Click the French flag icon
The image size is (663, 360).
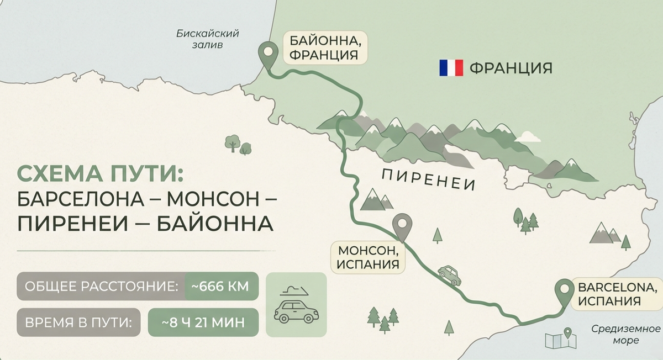[x=451, y=68]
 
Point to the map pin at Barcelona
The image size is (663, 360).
[x=564, y=290]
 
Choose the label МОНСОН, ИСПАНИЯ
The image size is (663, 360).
[x=368, y=257]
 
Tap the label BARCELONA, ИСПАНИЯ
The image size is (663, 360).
[x=617, y=294]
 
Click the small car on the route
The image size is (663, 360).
[x=449, y=274]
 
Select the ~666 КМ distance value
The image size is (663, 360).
[x=221, y=287]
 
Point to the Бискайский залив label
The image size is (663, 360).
[x=207, y=39]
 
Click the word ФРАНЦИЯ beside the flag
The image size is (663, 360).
[x=511, y=68]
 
